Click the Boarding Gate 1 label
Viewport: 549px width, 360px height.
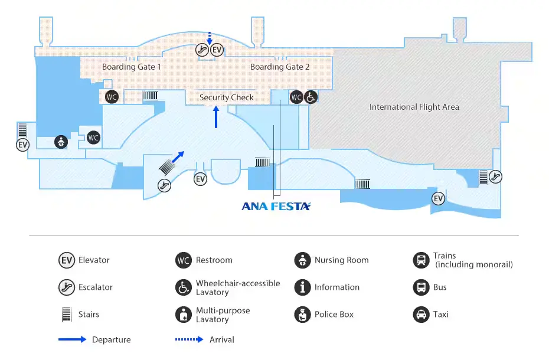131,67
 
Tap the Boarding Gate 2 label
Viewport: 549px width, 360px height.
280,67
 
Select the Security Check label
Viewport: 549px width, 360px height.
226,97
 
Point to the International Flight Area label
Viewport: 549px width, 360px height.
414,107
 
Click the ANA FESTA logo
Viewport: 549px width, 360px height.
276,206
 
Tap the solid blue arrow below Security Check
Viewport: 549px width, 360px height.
216,117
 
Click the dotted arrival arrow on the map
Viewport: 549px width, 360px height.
209,38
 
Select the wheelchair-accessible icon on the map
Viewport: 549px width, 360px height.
311,97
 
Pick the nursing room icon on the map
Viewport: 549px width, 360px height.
60,142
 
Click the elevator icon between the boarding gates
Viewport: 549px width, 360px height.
217,50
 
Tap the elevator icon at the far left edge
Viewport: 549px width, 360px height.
22,145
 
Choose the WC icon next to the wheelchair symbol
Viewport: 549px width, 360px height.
296,97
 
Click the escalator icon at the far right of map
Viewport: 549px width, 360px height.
496,175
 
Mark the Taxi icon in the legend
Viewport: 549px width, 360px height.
420,315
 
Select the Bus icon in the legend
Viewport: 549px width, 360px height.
420,287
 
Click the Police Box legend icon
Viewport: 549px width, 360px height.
302,315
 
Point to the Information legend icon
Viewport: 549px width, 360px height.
302,287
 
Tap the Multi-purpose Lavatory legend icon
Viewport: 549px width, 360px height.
184,315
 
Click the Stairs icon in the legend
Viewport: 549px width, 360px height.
66,315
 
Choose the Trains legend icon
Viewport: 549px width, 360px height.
420,260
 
